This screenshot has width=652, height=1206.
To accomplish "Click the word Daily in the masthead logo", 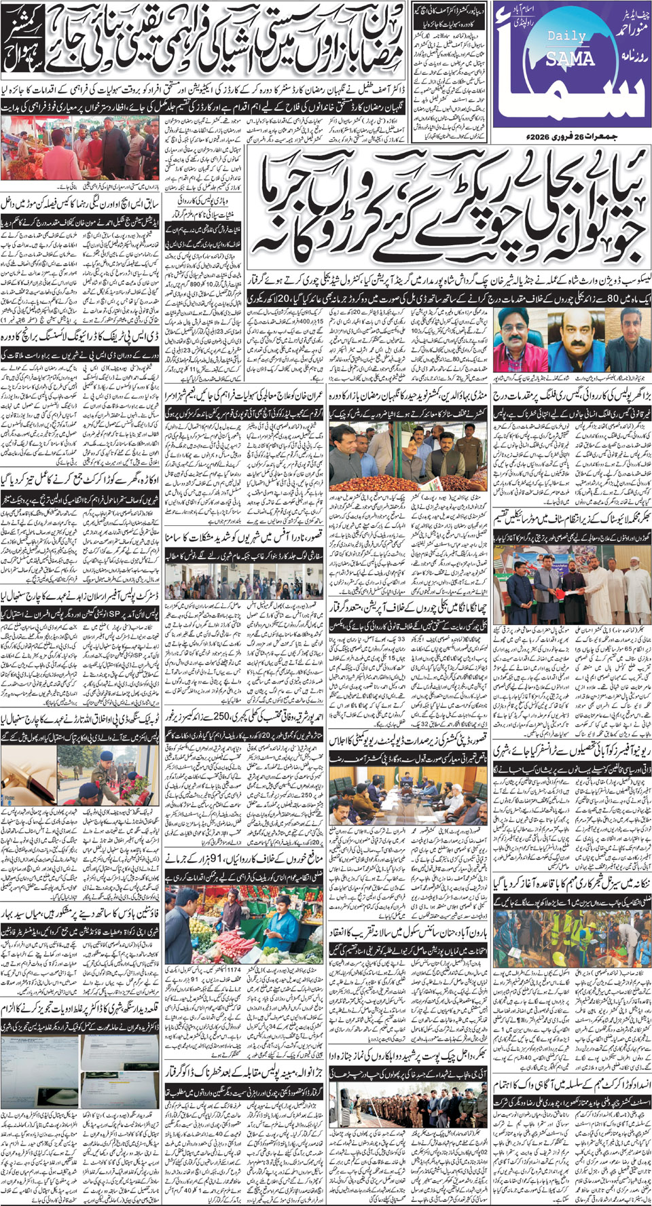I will [x=562, y=36].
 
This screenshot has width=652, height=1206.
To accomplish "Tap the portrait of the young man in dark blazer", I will [x=623, y=339].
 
